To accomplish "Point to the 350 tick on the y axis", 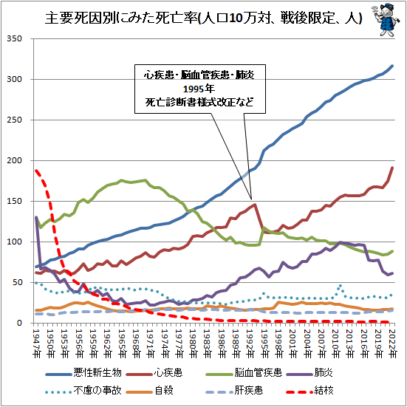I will (15, 38).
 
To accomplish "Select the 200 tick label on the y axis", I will (15, 160).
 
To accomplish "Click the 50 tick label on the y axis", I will (18, 282).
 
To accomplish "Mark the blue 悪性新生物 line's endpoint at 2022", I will (392, 66).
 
